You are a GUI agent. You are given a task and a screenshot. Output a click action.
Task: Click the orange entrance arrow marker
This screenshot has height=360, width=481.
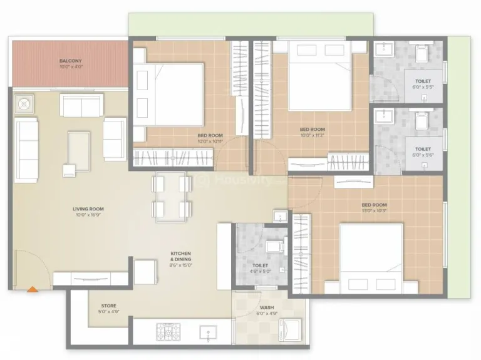[x=31, y=289]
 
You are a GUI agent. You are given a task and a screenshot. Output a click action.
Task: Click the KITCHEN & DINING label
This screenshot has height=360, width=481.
[x=181, y=256]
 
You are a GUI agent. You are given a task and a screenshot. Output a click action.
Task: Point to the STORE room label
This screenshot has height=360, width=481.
[x=109, y=306]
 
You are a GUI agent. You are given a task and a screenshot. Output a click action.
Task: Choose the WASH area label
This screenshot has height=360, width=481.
[x=267, y=308]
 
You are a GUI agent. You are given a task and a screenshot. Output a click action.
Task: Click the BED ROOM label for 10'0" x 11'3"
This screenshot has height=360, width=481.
[x=313, y=130]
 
